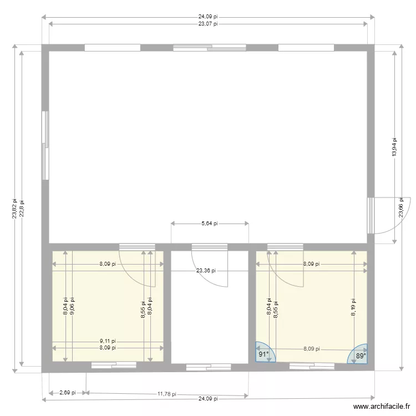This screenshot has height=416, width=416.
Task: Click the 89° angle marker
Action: (360, 356)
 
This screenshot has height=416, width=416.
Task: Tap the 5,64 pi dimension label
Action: (209, 224)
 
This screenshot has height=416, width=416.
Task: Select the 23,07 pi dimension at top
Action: (208, 24)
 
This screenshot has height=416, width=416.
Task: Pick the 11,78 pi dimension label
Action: (166, 394)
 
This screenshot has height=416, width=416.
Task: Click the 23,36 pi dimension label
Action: (206, 271)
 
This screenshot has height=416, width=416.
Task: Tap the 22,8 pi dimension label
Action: (22, 209)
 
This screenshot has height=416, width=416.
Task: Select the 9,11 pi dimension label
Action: (108, 342)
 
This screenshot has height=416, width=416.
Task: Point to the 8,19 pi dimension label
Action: (353, 306)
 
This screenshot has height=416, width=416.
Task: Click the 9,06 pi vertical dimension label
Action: (73, 306)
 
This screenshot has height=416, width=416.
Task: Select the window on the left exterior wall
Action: (45, 145)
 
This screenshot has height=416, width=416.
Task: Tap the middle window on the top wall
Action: (209, 48)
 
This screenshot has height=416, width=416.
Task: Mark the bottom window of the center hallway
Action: (209, 367)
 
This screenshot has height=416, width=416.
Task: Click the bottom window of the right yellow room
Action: (312, 366)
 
